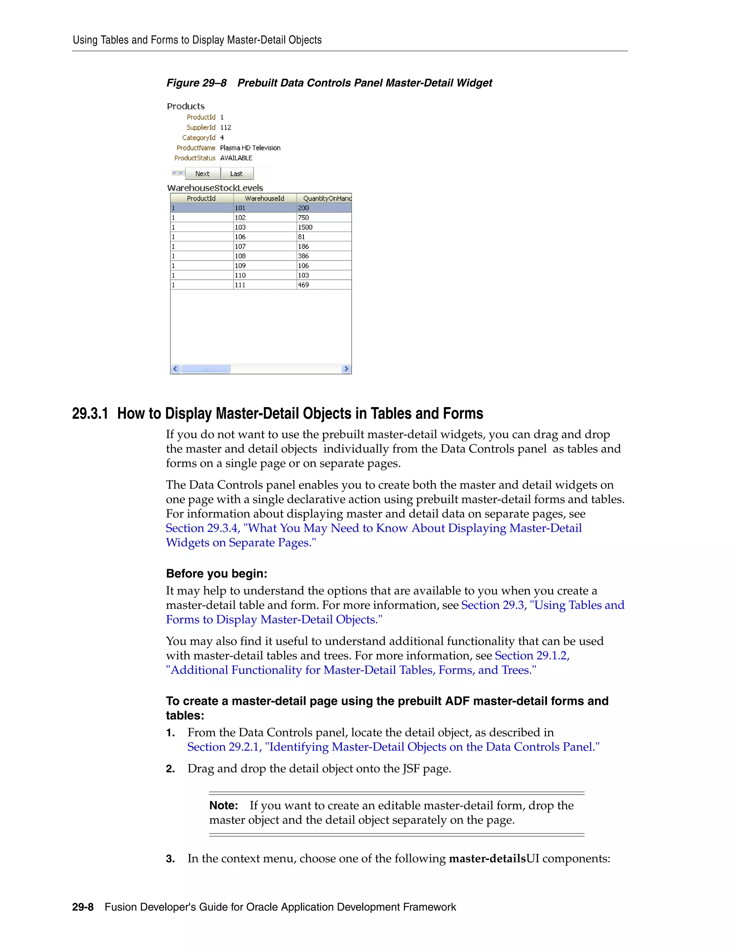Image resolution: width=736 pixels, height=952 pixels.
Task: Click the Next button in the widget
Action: [x=202, y=174]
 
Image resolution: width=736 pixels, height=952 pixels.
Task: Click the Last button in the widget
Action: [x=236, y=174]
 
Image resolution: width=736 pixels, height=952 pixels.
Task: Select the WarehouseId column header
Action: [x=264, y=198]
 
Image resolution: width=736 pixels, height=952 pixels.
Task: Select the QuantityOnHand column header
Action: [x=326, y=198]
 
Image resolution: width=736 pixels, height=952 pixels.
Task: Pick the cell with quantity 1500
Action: [x=305, y=227]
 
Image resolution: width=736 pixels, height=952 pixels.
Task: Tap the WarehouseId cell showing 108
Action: [x=240, y=256]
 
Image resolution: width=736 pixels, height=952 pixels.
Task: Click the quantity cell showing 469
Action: [x=303, y=285]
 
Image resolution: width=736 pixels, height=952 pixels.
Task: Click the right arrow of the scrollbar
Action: [x=346, y=369]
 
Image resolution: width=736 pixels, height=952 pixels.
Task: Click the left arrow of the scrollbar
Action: [x=175, y=369]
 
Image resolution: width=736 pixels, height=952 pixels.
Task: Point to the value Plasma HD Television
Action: [x=250, y=148]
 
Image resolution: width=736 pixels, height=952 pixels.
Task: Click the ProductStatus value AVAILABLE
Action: [x=236, y=158]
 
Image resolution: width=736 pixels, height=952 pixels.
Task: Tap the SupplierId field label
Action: [x=201, y=127]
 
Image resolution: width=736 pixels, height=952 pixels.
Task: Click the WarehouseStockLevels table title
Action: [x=215, y=188]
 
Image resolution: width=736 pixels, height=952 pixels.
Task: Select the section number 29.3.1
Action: [x=90, y=413]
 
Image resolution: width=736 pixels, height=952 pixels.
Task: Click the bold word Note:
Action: [x=223, y=805]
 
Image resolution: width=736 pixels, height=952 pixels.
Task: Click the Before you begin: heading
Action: [x=216, y=574]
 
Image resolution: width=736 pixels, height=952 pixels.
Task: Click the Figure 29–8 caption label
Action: [x=196, y=83]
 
